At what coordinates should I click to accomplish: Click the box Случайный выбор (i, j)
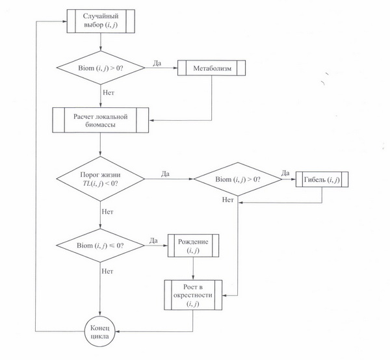point(100,20)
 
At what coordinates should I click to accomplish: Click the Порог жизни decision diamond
point(100,179)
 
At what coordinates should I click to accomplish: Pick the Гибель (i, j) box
point(322,179)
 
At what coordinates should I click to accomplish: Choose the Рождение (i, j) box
point(194,245)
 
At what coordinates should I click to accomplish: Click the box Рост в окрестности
point(194,294)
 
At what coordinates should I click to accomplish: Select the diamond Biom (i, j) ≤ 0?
point(100,245)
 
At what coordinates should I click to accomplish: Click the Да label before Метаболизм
point(157,63)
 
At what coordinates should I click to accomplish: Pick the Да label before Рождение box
point(154,240)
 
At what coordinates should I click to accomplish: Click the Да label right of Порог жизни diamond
point(165,174)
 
